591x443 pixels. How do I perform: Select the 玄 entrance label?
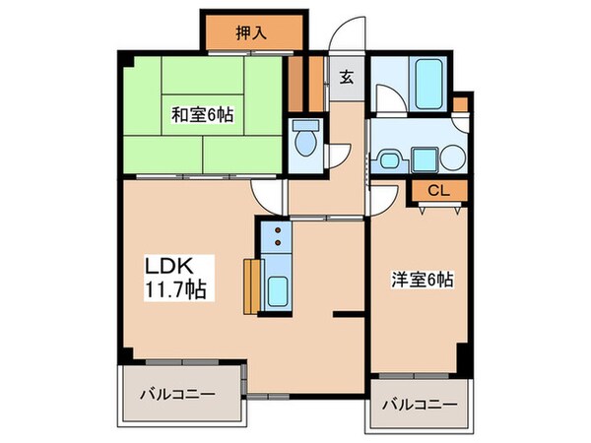348,78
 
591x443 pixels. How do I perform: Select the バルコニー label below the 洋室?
421,405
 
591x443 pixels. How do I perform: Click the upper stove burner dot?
278,230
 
